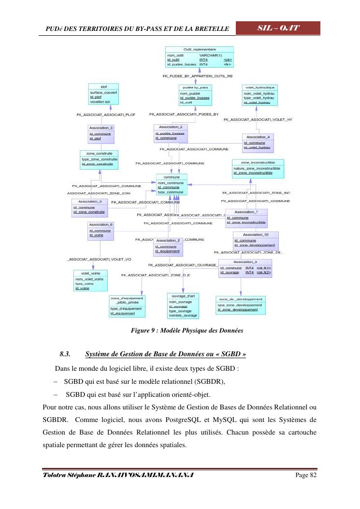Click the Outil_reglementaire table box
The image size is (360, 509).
[199, 57]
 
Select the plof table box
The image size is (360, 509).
[103, 94]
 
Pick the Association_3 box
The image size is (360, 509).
[101, 133]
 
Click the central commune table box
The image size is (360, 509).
[172, 185]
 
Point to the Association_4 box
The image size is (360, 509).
[261, 143]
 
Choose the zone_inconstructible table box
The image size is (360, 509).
[258, 168]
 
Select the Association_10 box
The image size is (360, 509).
[256, 240]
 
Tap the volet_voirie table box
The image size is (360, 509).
[90, 280]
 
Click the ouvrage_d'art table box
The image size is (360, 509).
[183, 305]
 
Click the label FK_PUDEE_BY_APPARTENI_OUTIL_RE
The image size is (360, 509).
[198, 76]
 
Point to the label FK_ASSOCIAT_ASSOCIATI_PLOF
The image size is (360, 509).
[106, 115]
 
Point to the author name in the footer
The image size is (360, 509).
[119, 475]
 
